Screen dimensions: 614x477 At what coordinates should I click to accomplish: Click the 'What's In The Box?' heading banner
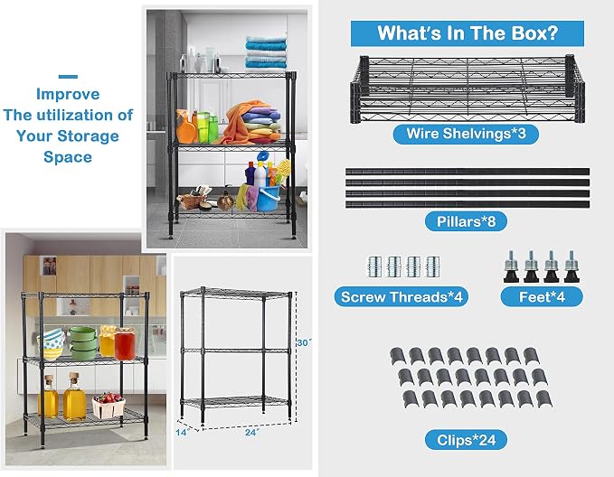(x=468, y=33)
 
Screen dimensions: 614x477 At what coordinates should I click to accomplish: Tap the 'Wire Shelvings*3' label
(x=466, y=134)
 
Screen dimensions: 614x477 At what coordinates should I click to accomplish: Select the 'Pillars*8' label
(x=466, y=221)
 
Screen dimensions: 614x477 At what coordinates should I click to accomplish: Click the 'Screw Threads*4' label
(x=401, y=297)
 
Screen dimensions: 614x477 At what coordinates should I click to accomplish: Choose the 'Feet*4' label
(x=542, y=297)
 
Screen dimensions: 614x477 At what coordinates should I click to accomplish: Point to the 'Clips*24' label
(x=466, y=440)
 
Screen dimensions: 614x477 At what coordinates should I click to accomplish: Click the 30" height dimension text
(x=304, y=342)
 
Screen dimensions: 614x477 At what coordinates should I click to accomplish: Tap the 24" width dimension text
(x=252, y=433)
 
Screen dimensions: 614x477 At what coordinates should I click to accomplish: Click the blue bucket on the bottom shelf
(x=269, y=198)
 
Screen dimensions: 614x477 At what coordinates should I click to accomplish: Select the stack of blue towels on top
(x=266, y=52)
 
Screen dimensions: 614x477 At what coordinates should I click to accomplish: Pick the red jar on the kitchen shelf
(x=125, y=343)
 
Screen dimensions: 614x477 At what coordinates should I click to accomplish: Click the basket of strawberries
(x=109, y=404)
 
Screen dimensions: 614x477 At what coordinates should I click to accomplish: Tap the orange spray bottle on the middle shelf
(x=185, y=126)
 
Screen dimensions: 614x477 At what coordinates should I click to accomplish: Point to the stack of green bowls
(x=82, y=343)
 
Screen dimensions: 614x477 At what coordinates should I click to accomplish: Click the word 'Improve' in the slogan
(x=68, y=94)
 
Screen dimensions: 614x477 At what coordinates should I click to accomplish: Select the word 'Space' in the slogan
(x=68, y=157)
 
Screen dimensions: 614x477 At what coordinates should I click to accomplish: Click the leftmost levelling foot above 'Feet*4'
(x=512, y=267)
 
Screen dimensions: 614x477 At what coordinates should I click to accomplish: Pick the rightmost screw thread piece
(x=433, y=267)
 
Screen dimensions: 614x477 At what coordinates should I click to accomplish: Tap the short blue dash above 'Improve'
(x=68, y=76)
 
